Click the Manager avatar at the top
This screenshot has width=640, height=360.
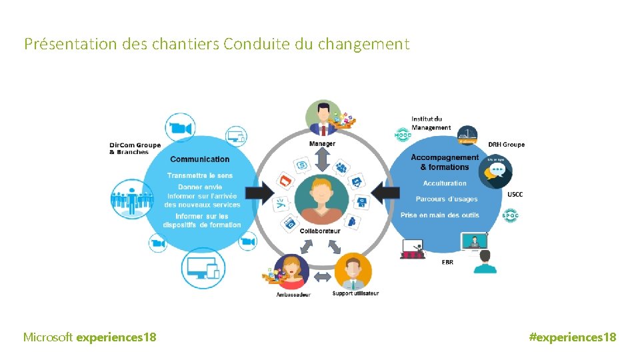323,118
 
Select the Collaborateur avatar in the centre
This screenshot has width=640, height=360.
321,199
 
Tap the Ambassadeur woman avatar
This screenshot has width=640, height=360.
291,271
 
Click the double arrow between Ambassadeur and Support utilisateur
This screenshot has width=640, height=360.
322,276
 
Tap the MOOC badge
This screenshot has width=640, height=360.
403,135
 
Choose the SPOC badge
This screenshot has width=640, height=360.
510,216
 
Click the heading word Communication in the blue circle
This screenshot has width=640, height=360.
200,159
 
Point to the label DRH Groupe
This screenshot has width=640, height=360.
506,145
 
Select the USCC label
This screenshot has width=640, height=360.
515,195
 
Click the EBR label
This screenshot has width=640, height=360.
447,263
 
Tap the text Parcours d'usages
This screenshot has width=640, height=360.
446,199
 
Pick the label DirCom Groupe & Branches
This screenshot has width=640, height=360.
134,149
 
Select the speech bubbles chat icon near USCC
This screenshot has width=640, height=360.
495,171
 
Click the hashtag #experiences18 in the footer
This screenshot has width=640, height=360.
572,337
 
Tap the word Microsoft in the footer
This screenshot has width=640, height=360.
48,337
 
